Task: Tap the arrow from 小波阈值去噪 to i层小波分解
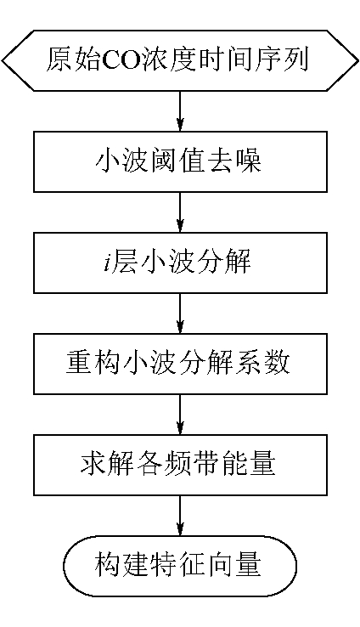[180, 212]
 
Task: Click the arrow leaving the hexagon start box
[180, 111]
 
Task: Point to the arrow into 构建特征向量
[180, 516]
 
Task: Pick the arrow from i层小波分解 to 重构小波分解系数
[180, 313]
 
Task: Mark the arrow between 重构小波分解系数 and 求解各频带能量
[180, 415]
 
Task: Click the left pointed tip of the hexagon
[1, 61]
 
